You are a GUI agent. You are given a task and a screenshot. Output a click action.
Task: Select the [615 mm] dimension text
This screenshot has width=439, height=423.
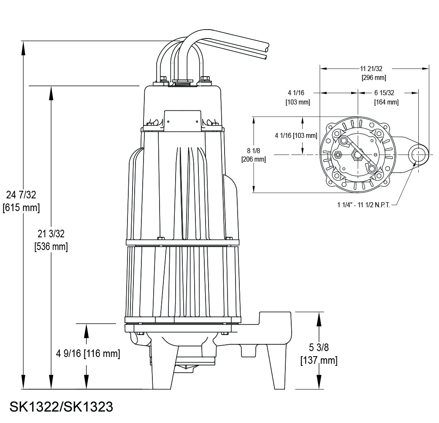pyautogui.click(x=22, y=208)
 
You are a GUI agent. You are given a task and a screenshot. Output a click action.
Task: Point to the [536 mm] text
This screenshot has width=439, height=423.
pyautogui.click(x=51, y=247)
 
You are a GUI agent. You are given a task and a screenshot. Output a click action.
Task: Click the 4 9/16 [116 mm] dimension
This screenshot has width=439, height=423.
pyautogui.click(x=88, y=354)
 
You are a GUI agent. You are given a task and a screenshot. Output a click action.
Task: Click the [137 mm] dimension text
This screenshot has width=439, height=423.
pyautogui.click(x=319, y=360)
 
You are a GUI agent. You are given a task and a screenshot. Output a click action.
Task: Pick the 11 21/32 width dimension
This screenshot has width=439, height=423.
pyautogui.click(x=374, y=69)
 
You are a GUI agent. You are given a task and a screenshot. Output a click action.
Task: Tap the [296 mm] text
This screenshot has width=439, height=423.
pyautogui.click(x=374, y=78)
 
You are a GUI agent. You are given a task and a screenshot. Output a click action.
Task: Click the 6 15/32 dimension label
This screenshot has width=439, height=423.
pyautogui.click(x=384, y=93)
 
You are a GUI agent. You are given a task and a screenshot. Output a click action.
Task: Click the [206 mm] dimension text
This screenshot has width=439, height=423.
pyautogui.click(x=253, y=159)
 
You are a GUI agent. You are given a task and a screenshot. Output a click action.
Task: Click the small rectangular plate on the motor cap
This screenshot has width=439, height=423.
pyautogui.click(x=182, y=121)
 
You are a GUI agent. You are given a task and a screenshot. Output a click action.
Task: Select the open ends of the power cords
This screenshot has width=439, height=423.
pyautogui.click(x=266, y=50)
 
